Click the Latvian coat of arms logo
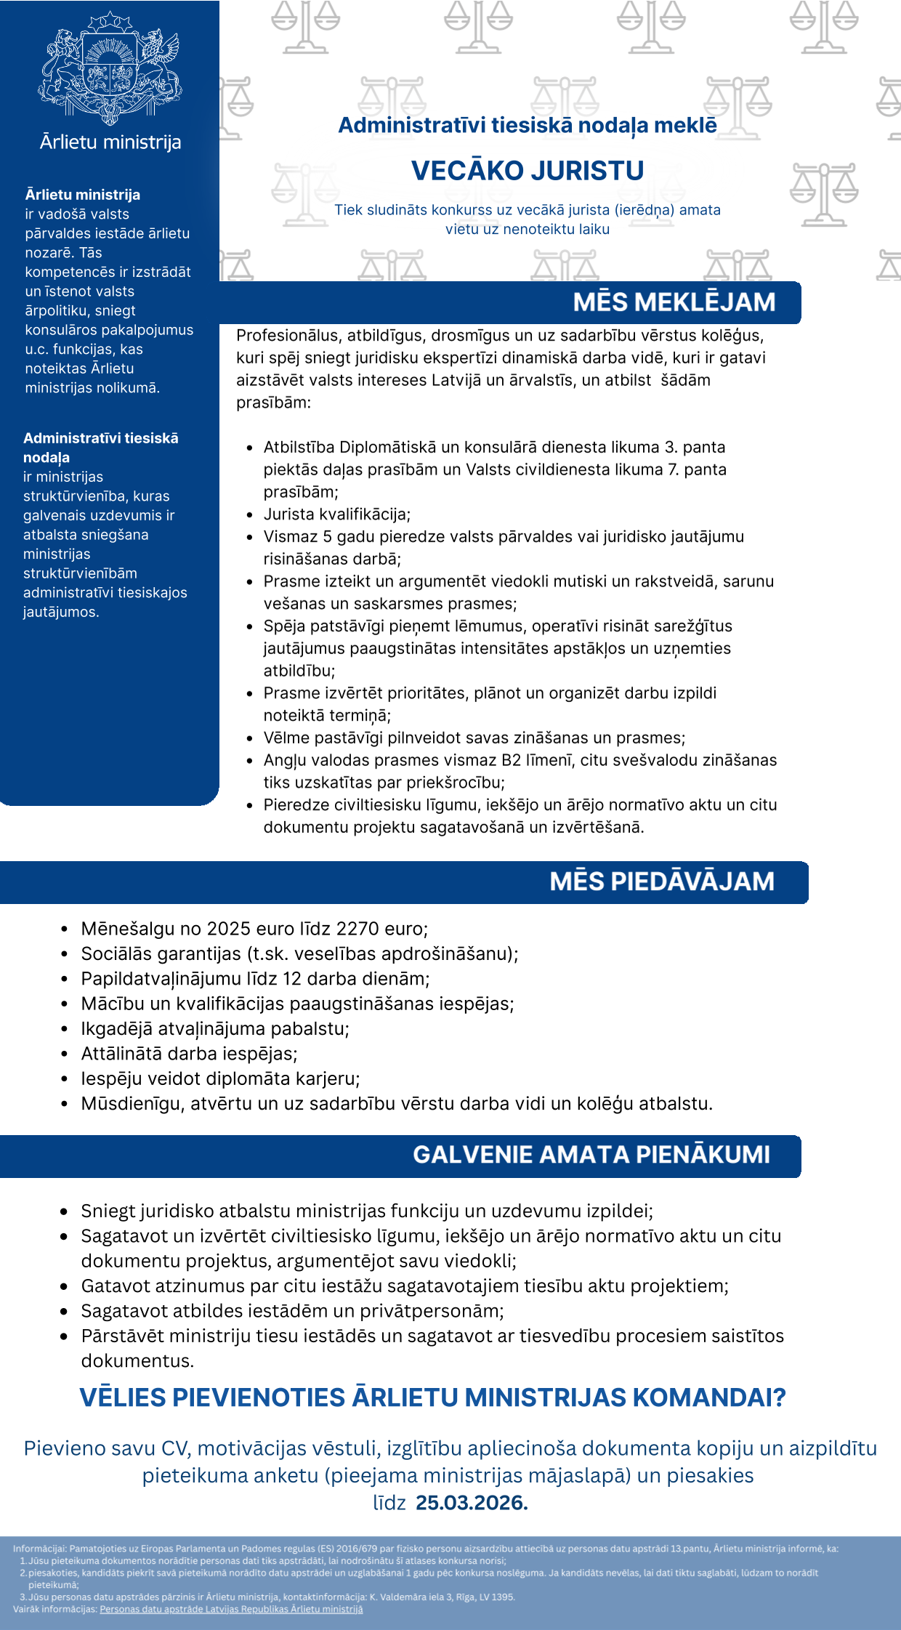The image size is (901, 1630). pyautogui.click(x=110, y=68)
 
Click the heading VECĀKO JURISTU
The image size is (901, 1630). pyautogui.click(x=528, y=171)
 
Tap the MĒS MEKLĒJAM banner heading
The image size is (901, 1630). pyautogui.click(x=674, y=302)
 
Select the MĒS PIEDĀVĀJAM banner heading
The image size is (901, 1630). pyautogui.click(x=661, y=881)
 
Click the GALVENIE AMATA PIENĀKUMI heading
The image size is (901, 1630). pyautogui.click(x=591, y=1155)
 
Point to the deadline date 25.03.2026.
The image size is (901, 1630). pyautogui.click(x=471, y=1503)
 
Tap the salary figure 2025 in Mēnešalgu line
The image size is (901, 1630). pyautogui.click(x=228, y=929)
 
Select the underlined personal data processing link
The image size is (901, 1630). pyautogui.click(x=231, y=1609)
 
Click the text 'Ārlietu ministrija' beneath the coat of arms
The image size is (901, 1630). pyautogui.click(x=110, y=142)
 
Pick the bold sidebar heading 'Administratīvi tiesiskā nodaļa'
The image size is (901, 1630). pyautogui.click(x=100, y=448)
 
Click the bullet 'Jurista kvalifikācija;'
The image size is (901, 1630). pyautogui.click(x=336, y=515)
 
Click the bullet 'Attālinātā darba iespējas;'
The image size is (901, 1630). pyautogui.click(x=189, y=1054)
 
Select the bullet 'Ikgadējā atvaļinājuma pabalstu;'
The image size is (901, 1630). pyautogui.click(x=215, y=1029)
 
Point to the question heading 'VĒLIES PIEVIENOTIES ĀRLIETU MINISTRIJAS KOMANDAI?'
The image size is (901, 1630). pyautogui.click(x=432, y=1397)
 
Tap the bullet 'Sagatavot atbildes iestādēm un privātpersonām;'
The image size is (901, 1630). pyautogui.click(x=292, y=1311)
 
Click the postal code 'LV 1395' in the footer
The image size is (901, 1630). pyautogui.click(x=496, y=1597)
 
